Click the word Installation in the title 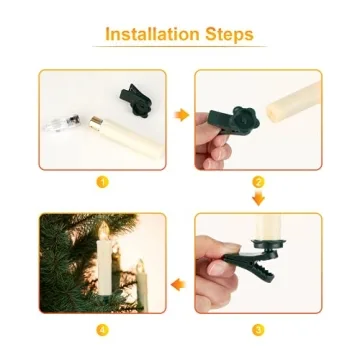(152, 34)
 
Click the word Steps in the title (229, 35)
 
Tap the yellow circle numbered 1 (102, 182)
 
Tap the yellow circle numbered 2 (258, 182)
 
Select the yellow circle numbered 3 (258, 330)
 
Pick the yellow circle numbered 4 (102, 330)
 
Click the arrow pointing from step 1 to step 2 (182, 115)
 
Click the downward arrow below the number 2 (258, 199)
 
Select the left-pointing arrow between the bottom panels (178, 285)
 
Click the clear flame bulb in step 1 (63, 123)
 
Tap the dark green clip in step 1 (136, 100)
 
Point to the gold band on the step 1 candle (95, 123)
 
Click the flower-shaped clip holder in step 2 (245, 120)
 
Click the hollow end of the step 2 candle (274, 113)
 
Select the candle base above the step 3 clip (269, 244)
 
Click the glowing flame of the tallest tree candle (104, 230)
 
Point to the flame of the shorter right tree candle (141, 266)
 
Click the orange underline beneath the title (180, 46)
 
